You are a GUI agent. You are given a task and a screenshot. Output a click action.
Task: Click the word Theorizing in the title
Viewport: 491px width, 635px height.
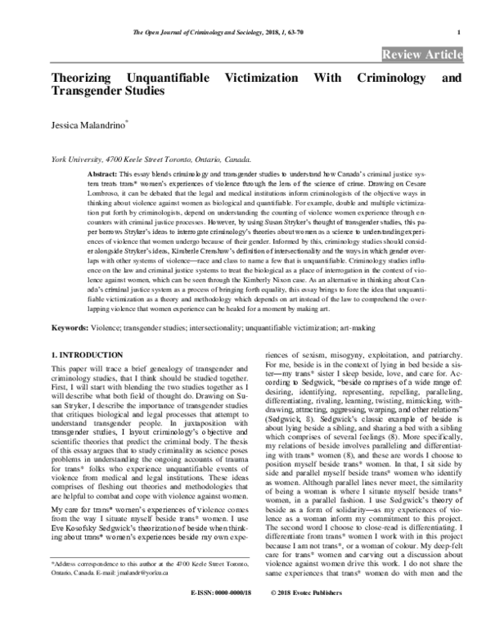(86, 79)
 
